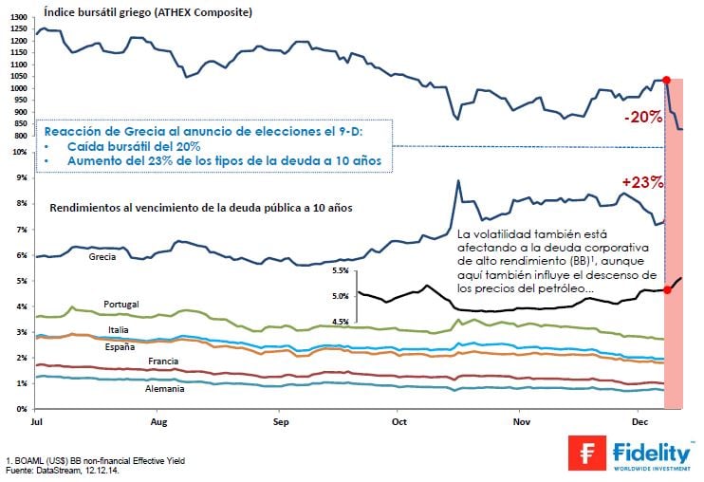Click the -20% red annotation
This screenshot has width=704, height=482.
pos(643,118)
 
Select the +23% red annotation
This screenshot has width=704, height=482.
pos(641,181)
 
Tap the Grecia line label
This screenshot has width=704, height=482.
pos(102,257)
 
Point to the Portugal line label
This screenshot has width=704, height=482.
pos(122,304)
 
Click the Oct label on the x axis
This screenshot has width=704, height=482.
pos(398,418)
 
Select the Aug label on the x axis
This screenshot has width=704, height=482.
pos(158,418)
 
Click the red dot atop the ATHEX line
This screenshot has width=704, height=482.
pos(666,81)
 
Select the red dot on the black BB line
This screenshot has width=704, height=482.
pos(668,289)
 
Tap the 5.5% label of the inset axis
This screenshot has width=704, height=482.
pos(340,270)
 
